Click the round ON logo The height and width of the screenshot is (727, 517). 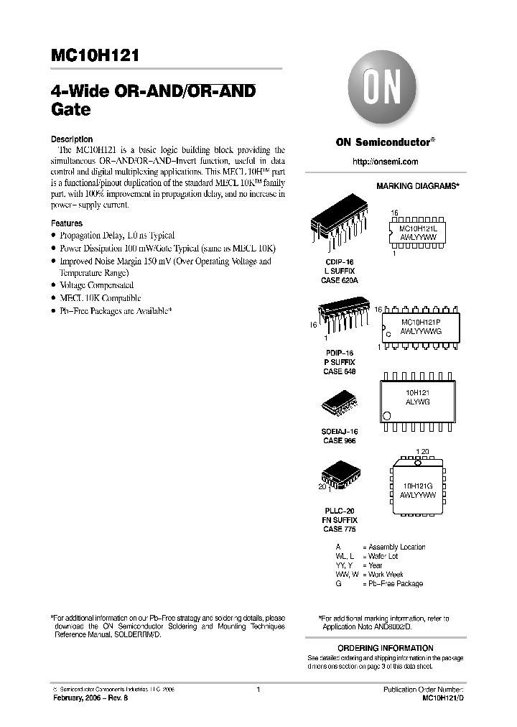[385, 91]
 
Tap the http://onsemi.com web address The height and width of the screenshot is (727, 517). [385, 162]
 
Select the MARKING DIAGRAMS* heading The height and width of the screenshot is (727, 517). [417, 186]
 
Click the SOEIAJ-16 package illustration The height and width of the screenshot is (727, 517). [339, 404]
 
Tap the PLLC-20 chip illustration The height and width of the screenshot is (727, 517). [338, 475]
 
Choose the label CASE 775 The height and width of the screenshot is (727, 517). [339, 529]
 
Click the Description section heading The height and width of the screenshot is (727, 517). [72, 139]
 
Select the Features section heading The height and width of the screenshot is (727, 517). [67, 223]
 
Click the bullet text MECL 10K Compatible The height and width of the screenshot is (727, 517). [100, 298]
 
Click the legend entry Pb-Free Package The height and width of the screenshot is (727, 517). [396, 583]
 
